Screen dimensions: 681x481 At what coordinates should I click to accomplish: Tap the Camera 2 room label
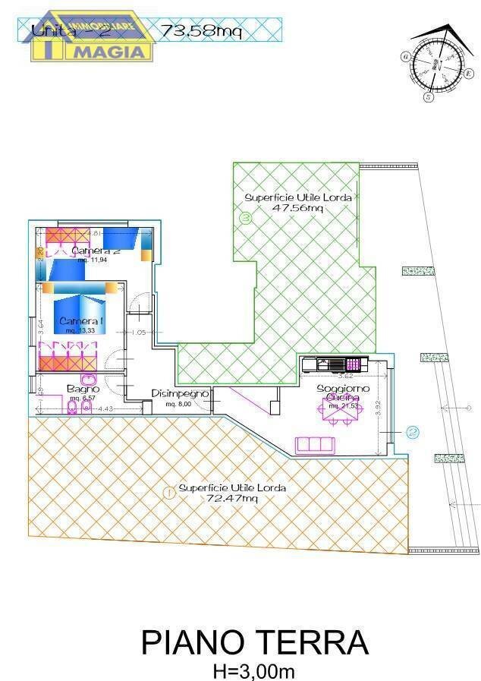click(96, 251)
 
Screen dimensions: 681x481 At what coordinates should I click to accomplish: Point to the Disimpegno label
click(180, 393)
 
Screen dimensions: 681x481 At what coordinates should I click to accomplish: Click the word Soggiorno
click(343, 388)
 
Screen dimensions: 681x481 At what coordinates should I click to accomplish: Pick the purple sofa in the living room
click(314, 444)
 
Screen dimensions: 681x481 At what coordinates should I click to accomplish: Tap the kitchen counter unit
click(334, 364)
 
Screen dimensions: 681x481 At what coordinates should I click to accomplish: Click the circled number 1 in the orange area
click(168, 492)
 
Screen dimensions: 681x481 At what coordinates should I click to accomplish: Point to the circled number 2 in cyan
click(412, 433)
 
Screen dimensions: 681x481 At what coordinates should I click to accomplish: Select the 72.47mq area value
click(233, 499)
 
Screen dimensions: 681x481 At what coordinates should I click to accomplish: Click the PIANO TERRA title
click(255, 642)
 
